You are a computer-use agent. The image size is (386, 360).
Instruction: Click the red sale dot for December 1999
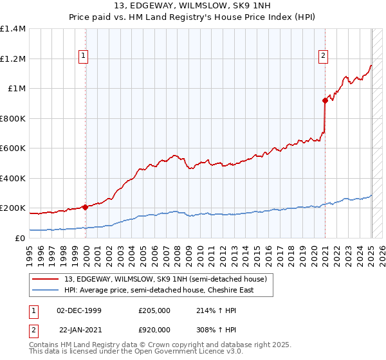[x=85, y=208]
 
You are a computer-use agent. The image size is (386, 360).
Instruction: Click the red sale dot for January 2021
[x=326, y=100]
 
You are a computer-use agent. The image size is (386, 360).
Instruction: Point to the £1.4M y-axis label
[x=13, y=29]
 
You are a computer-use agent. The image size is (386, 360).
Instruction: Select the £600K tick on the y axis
[x=13, y=148]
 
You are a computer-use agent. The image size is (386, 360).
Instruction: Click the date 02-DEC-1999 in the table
[x=79, y=311]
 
